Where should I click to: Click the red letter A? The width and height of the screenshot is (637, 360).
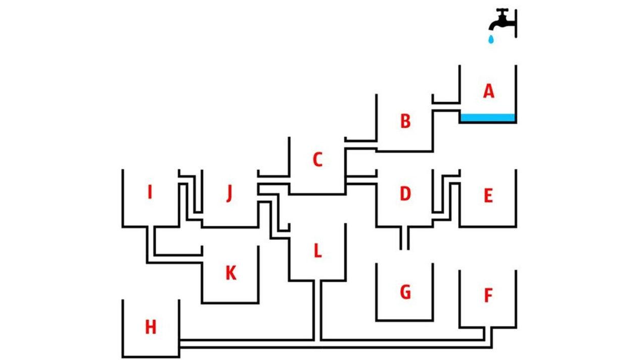488,92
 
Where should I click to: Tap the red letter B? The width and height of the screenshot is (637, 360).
405,121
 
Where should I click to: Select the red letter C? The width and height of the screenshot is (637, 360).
317,160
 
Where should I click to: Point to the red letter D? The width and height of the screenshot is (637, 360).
405,194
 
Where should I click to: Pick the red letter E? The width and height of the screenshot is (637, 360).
488,196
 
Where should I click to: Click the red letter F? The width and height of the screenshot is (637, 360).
488,295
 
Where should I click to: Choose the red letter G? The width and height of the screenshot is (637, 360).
405,292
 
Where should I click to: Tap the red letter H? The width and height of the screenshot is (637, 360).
151,328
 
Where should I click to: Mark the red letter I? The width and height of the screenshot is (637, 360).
150,193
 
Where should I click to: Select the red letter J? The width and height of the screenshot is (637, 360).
229,193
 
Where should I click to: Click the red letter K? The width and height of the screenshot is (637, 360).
231,273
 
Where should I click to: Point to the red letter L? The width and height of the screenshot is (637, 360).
317,250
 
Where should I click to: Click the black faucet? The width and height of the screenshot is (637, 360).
503,20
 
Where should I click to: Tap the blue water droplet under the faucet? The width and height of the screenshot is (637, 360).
490,39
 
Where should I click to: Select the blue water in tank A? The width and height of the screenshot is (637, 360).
488,118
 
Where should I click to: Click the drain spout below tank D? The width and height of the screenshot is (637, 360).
404,239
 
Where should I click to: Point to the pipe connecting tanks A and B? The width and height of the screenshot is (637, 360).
446,107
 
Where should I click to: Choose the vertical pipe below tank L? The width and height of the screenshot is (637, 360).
317,308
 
